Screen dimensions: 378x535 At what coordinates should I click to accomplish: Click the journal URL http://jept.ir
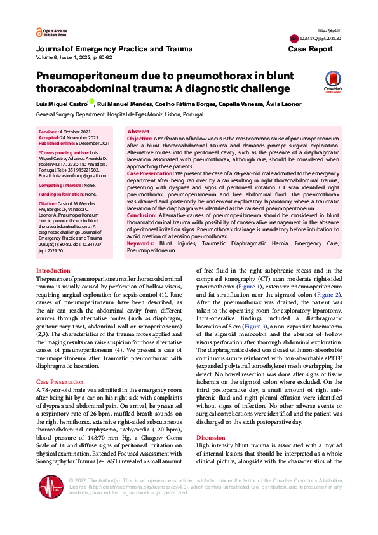(x=325, y=30)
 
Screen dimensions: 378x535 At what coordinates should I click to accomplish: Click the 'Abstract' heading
(x=138, y=131)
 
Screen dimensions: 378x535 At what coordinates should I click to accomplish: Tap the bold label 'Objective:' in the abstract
(x=140, y=138)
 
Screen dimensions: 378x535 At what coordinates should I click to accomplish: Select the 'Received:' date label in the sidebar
(x=50, y=131)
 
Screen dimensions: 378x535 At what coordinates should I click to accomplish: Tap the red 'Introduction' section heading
(x=53, y=271)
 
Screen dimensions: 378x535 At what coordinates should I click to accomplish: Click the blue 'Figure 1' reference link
(x=248, y=287)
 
